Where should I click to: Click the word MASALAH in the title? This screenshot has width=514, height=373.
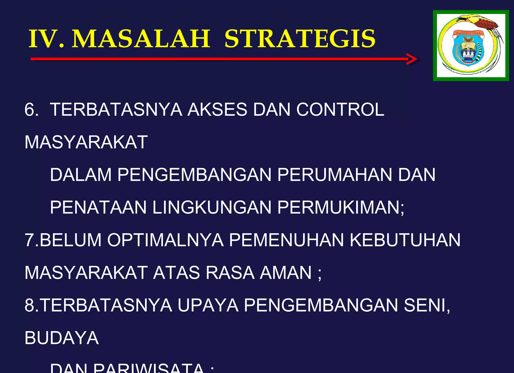pyautogui.click(x=141, y=39)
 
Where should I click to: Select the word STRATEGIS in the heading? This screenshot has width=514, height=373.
pyautogui.click(x=300, y=39)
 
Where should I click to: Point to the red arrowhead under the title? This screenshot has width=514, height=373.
pyautogui.click(x=412, y=59)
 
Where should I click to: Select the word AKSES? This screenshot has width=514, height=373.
pyautogui.click(x=217, y=110)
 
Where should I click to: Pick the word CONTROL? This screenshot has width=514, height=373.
pyautogui.click(x=340, y=110)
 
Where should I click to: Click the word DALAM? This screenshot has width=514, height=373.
pyautogui.click(x=81, y=175)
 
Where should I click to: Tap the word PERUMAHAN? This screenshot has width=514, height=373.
pyautogui.click(x=335, y=175)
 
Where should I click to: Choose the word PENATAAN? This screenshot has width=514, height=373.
pyautogui.click(x=98, y=207)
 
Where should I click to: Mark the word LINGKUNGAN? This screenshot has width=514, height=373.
pyautogui.click(x=212, y=207)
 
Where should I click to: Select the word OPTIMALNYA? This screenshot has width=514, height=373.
pyautogui.click(x=165, y=240)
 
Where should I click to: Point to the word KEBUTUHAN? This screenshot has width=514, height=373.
pyautogui.click(x=405, y=240)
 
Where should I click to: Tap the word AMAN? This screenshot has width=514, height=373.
pyautogui.click(x=286, y=273)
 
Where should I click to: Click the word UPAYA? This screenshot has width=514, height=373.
pyautogui.click(x=208, y=305)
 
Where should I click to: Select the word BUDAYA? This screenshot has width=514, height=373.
pyautogui.click(x=61, y=338)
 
